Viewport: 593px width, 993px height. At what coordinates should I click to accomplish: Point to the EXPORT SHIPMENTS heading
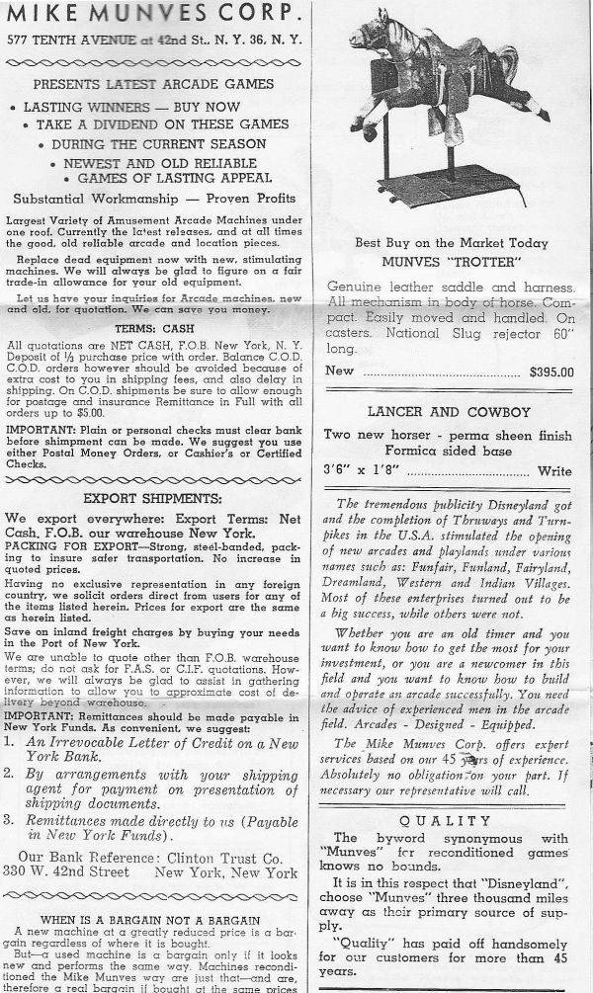(150, 498)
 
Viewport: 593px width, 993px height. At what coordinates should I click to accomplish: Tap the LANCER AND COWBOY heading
(449, 411)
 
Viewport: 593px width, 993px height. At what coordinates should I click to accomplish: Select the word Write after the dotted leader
(554, 472)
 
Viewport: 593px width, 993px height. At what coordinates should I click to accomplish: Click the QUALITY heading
(449, 821)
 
